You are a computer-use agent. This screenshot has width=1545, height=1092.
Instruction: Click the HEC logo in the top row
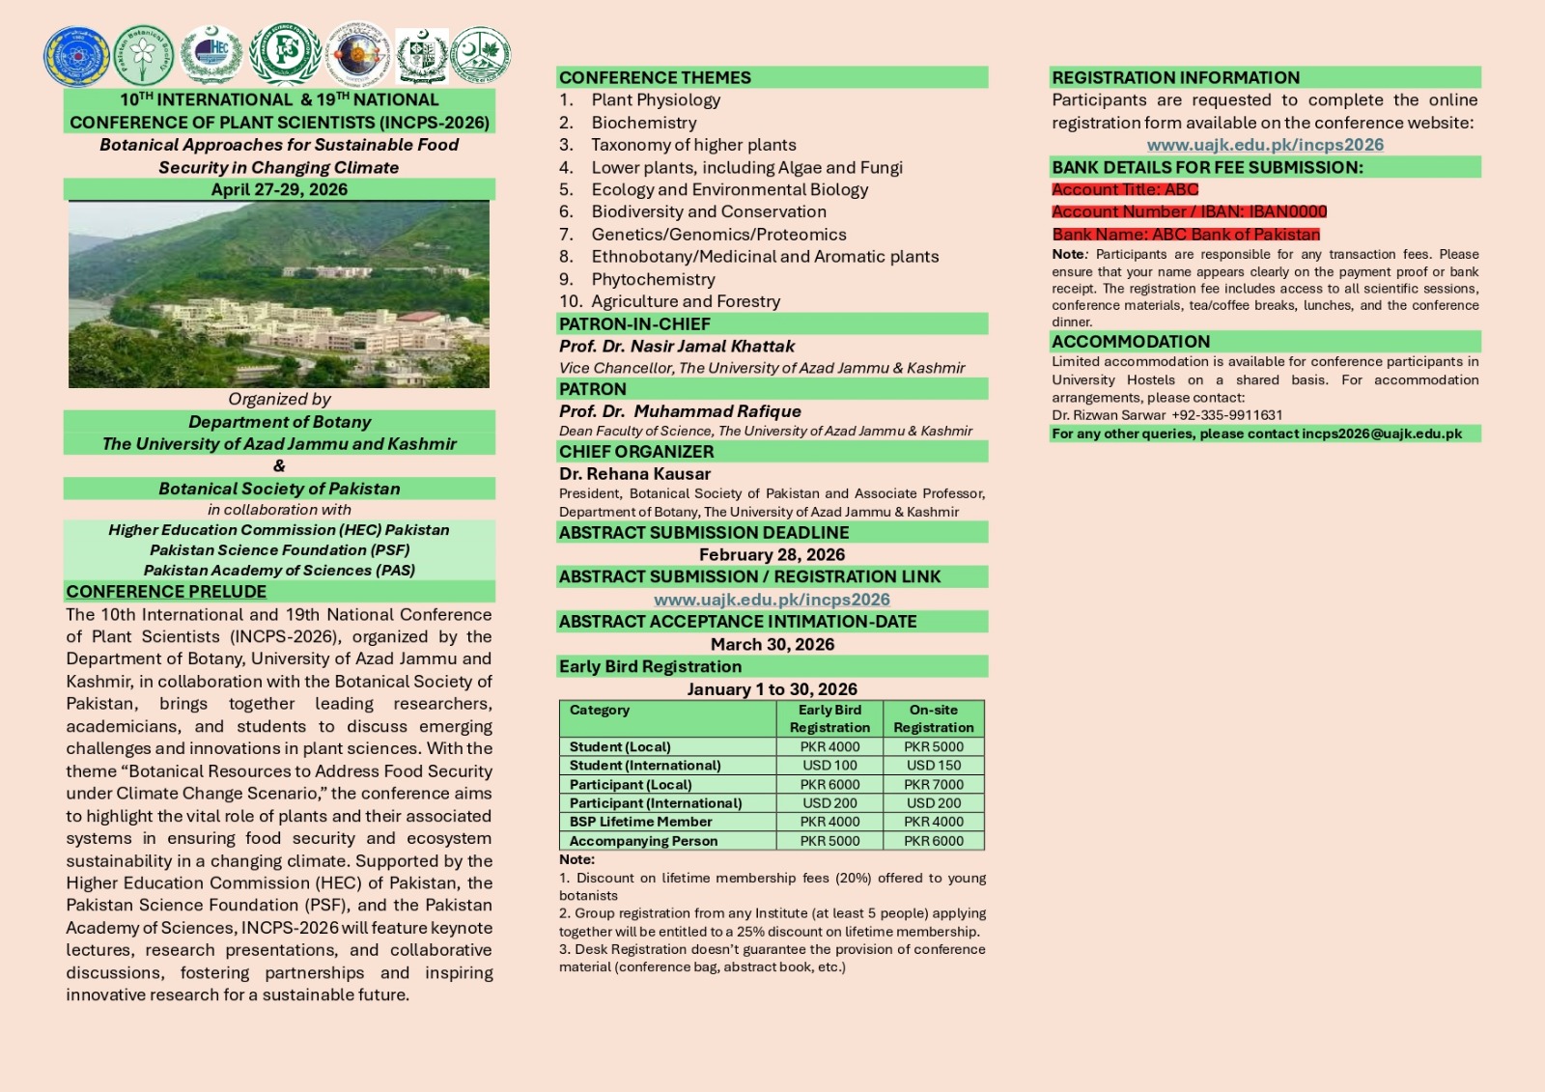211,54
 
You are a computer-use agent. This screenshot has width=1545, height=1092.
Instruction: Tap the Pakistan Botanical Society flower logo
143,54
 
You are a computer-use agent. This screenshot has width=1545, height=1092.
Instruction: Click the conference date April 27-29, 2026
279,189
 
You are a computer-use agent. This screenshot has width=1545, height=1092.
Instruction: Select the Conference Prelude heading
166,591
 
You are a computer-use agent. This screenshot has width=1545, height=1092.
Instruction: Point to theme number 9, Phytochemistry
653,279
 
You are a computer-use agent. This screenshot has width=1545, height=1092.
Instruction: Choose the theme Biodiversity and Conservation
709,211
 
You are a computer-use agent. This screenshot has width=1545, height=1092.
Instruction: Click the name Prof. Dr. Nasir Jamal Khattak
677,346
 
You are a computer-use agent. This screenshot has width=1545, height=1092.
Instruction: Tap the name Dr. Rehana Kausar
634,474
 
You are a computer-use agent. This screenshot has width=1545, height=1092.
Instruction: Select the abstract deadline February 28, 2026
772,554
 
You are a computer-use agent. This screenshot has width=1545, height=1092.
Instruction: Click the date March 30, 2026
772,644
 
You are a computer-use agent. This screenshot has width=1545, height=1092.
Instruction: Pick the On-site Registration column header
933,718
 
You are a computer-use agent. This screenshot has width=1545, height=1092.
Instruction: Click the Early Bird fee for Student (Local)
829,746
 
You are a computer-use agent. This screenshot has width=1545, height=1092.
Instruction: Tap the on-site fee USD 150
933,765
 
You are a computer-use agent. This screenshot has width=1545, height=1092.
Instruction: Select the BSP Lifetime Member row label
640,822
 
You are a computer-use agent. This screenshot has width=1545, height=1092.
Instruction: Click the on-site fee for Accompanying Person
933,841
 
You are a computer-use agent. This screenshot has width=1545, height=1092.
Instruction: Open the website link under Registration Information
1265,145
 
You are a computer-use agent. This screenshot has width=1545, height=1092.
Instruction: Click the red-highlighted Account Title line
1125,189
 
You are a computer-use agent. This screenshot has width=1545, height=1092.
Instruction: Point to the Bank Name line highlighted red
1186,234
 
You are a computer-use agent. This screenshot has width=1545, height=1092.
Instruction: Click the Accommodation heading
1131,342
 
